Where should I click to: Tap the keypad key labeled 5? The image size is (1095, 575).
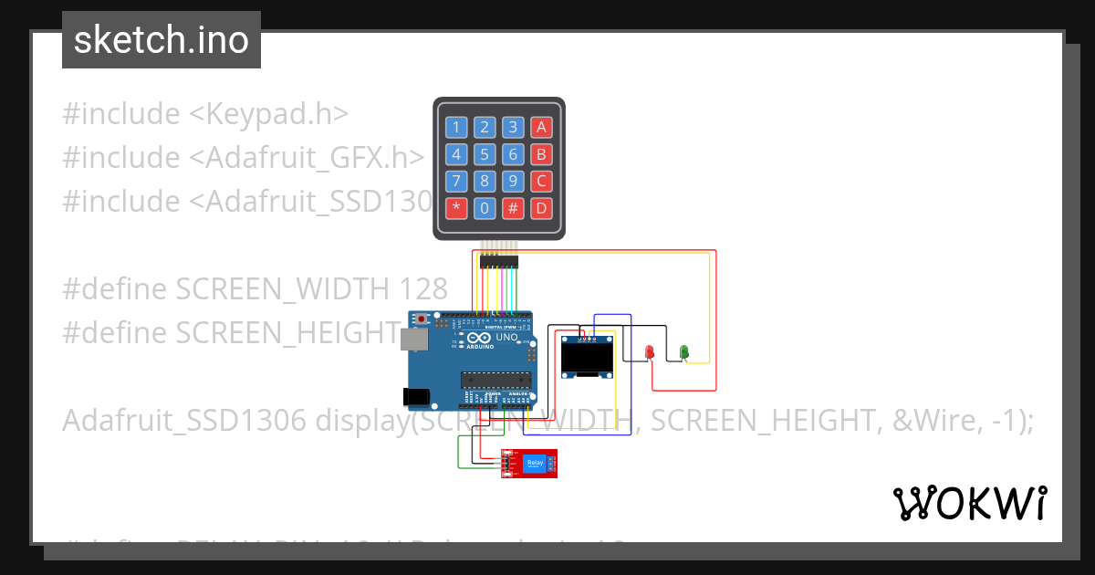pyautogui.click(x=485, y=154)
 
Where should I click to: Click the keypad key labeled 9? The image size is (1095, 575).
pyautogui.click(x=514, y=181)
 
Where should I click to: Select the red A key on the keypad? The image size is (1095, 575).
pyautogui.click(x=542, y=128)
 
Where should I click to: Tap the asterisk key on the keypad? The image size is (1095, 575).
pyautogui.click(x=457, y=208)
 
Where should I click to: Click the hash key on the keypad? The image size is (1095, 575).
pyautogui.click(x=514, y=208)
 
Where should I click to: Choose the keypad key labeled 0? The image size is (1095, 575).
pyautogui.click(x=485, y=208)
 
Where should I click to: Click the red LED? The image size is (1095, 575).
pyautogui.click(x=650, y=351)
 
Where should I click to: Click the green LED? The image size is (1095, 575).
pyautogui.click(x=683, y=351)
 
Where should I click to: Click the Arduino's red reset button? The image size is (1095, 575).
pyautogui.click(x=422, y=319)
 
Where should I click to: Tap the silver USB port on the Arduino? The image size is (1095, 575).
pyautogui.click(x=412, y=340)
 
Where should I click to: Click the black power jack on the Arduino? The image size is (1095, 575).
pyautogui.click(x=416, y=397)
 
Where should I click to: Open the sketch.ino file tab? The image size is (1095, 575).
pyautogui.click(x=162, y=40)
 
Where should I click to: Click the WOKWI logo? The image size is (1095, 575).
pyautogui.click(x=969, y=503)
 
